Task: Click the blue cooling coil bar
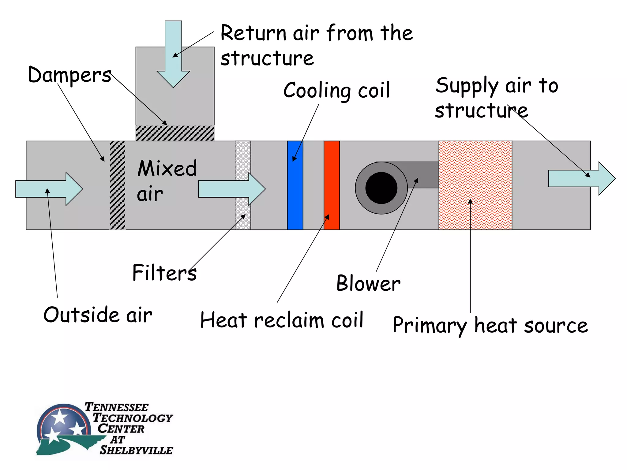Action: (x=295, y=196)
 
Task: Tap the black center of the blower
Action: (x=381, y=188)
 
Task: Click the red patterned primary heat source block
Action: (x=475, y=171)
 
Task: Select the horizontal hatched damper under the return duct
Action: (x=175, y=133)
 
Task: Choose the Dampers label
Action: (x=69, y=75)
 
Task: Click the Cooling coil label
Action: (x=337, y=91)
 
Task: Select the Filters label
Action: (x=164, y=273)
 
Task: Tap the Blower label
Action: (x=368, y=283)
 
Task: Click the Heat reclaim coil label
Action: (x=282, y=320)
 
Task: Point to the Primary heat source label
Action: (x=490, y=325)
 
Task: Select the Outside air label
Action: (x=98, y=315)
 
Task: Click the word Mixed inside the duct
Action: (x=167, y=168)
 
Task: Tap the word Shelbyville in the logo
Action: (x=136, y=450)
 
